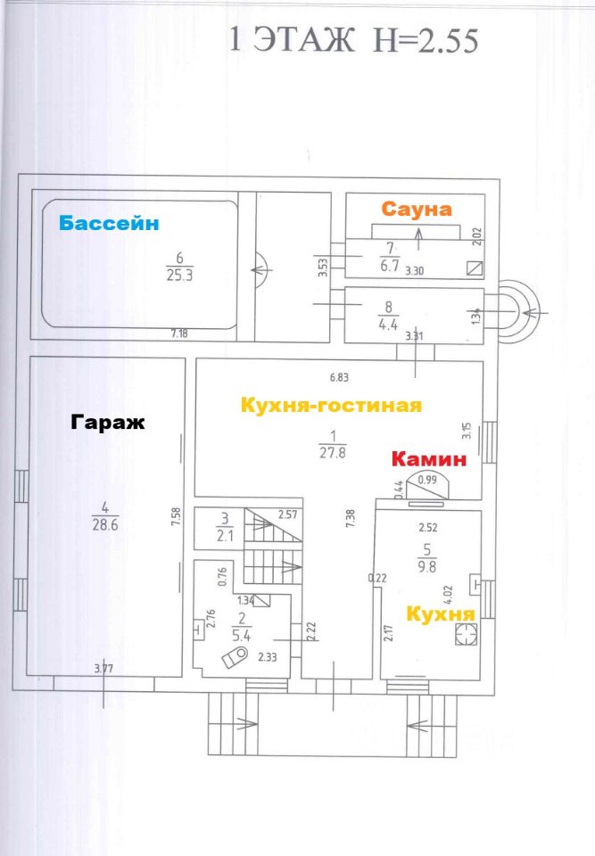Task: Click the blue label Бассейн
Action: [x=109, y=223]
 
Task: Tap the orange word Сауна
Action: [x=417, y=209]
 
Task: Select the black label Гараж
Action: [x=108, y=423]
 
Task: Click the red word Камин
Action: [x=429, y=459]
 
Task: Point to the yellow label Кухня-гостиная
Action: [x=331, y=406]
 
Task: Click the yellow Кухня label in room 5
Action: [x=441, y=614]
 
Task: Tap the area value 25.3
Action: [x=180, y=276]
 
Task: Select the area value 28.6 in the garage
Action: [x=105, y=525]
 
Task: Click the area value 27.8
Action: [x=333, y=453]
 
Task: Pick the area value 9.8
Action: [x=427, y=567]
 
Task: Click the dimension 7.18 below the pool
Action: [x=179, y=333]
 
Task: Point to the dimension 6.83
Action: [x=339, y=377]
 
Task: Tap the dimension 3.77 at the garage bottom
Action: [x=103, y=668]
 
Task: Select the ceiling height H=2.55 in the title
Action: [x=426, y=41]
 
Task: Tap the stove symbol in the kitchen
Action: [x=466, y=635]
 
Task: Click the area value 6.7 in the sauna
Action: [x=390, y=266]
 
